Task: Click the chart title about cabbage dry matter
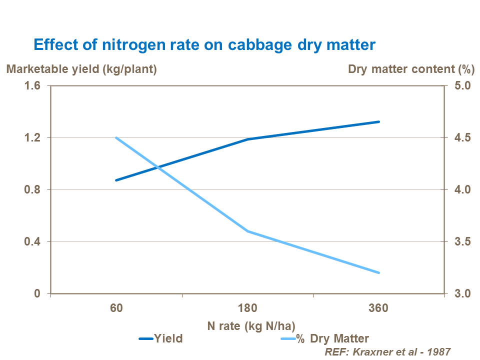point(204,45)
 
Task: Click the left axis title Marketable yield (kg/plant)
point(81,69)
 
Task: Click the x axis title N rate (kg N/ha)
point(248,325)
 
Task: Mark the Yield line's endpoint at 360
point(379,121)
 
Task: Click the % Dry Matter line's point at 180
point(248,231)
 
